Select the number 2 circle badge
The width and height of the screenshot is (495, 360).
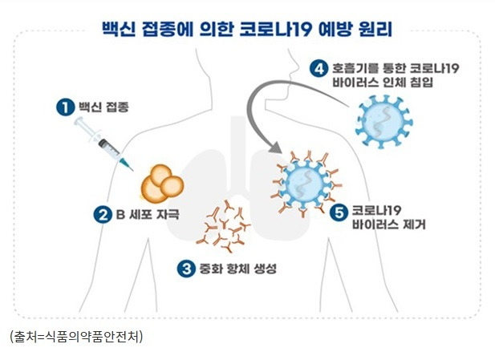click(x=102, y=214)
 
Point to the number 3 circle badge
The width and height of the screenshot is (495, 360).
click(x=186, y=269)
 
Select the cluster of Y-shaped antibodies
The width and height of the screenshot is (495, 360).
click(x=227, y=225)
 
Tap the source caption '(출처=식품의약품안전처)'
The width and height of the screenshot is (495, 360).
click(x=75, y=337)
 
